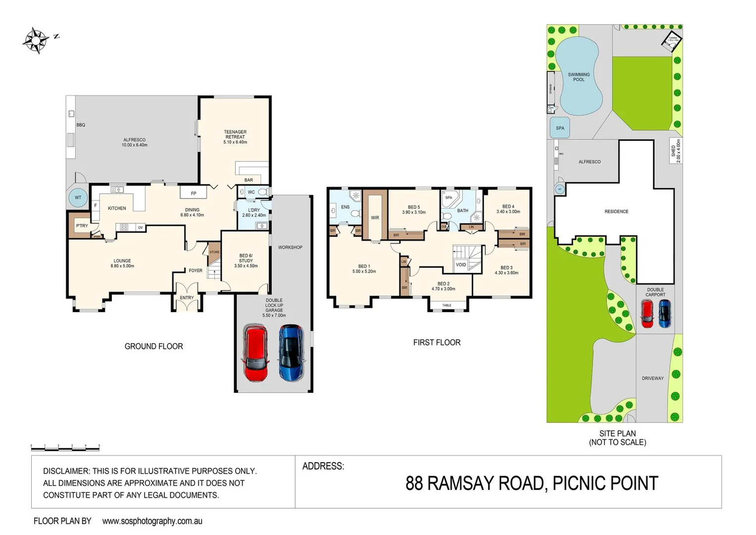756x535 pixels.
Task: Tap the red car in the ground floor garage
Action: [x=255, y=353]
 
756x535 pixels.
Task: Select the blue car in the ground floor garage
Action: [x=292, y=353]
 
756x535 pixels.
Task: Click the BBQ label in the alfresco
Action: [x=81, y=125]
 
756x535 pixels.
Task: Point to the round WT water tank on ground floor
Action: [x=78, y=198]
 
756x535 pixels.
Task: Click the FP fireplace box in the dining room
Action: [x=193, y=193]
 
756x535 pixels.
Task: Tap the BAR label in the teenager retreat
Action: [x=249, y=180]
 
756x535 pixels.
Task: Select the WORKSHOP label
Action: [x=290, y=247]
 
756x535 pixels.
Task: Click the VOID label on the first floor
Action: [x=460, y=265]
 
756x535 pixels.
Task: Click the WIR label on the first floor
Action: [x=375, y=217]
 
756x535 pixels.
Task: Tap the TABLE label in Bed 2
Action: [x=447, y=305]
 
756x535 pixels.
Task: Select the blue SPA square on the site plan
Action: [x=559, y=128]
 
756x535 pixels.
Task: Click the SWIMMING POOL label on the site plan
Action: [x=579, y=77]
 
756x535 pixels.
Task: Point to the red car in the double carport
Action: [x=647, y=314]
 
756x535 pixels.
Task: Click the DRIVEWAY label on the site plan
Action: [x=653, y=378]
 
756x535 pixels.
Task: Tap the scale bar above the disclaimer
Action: [x=65, y=447]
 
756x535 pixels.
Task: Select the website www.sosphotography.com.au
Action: [x=152, y=521]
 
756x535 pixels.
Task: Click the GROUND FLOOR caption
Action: [x=153, y=346]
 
